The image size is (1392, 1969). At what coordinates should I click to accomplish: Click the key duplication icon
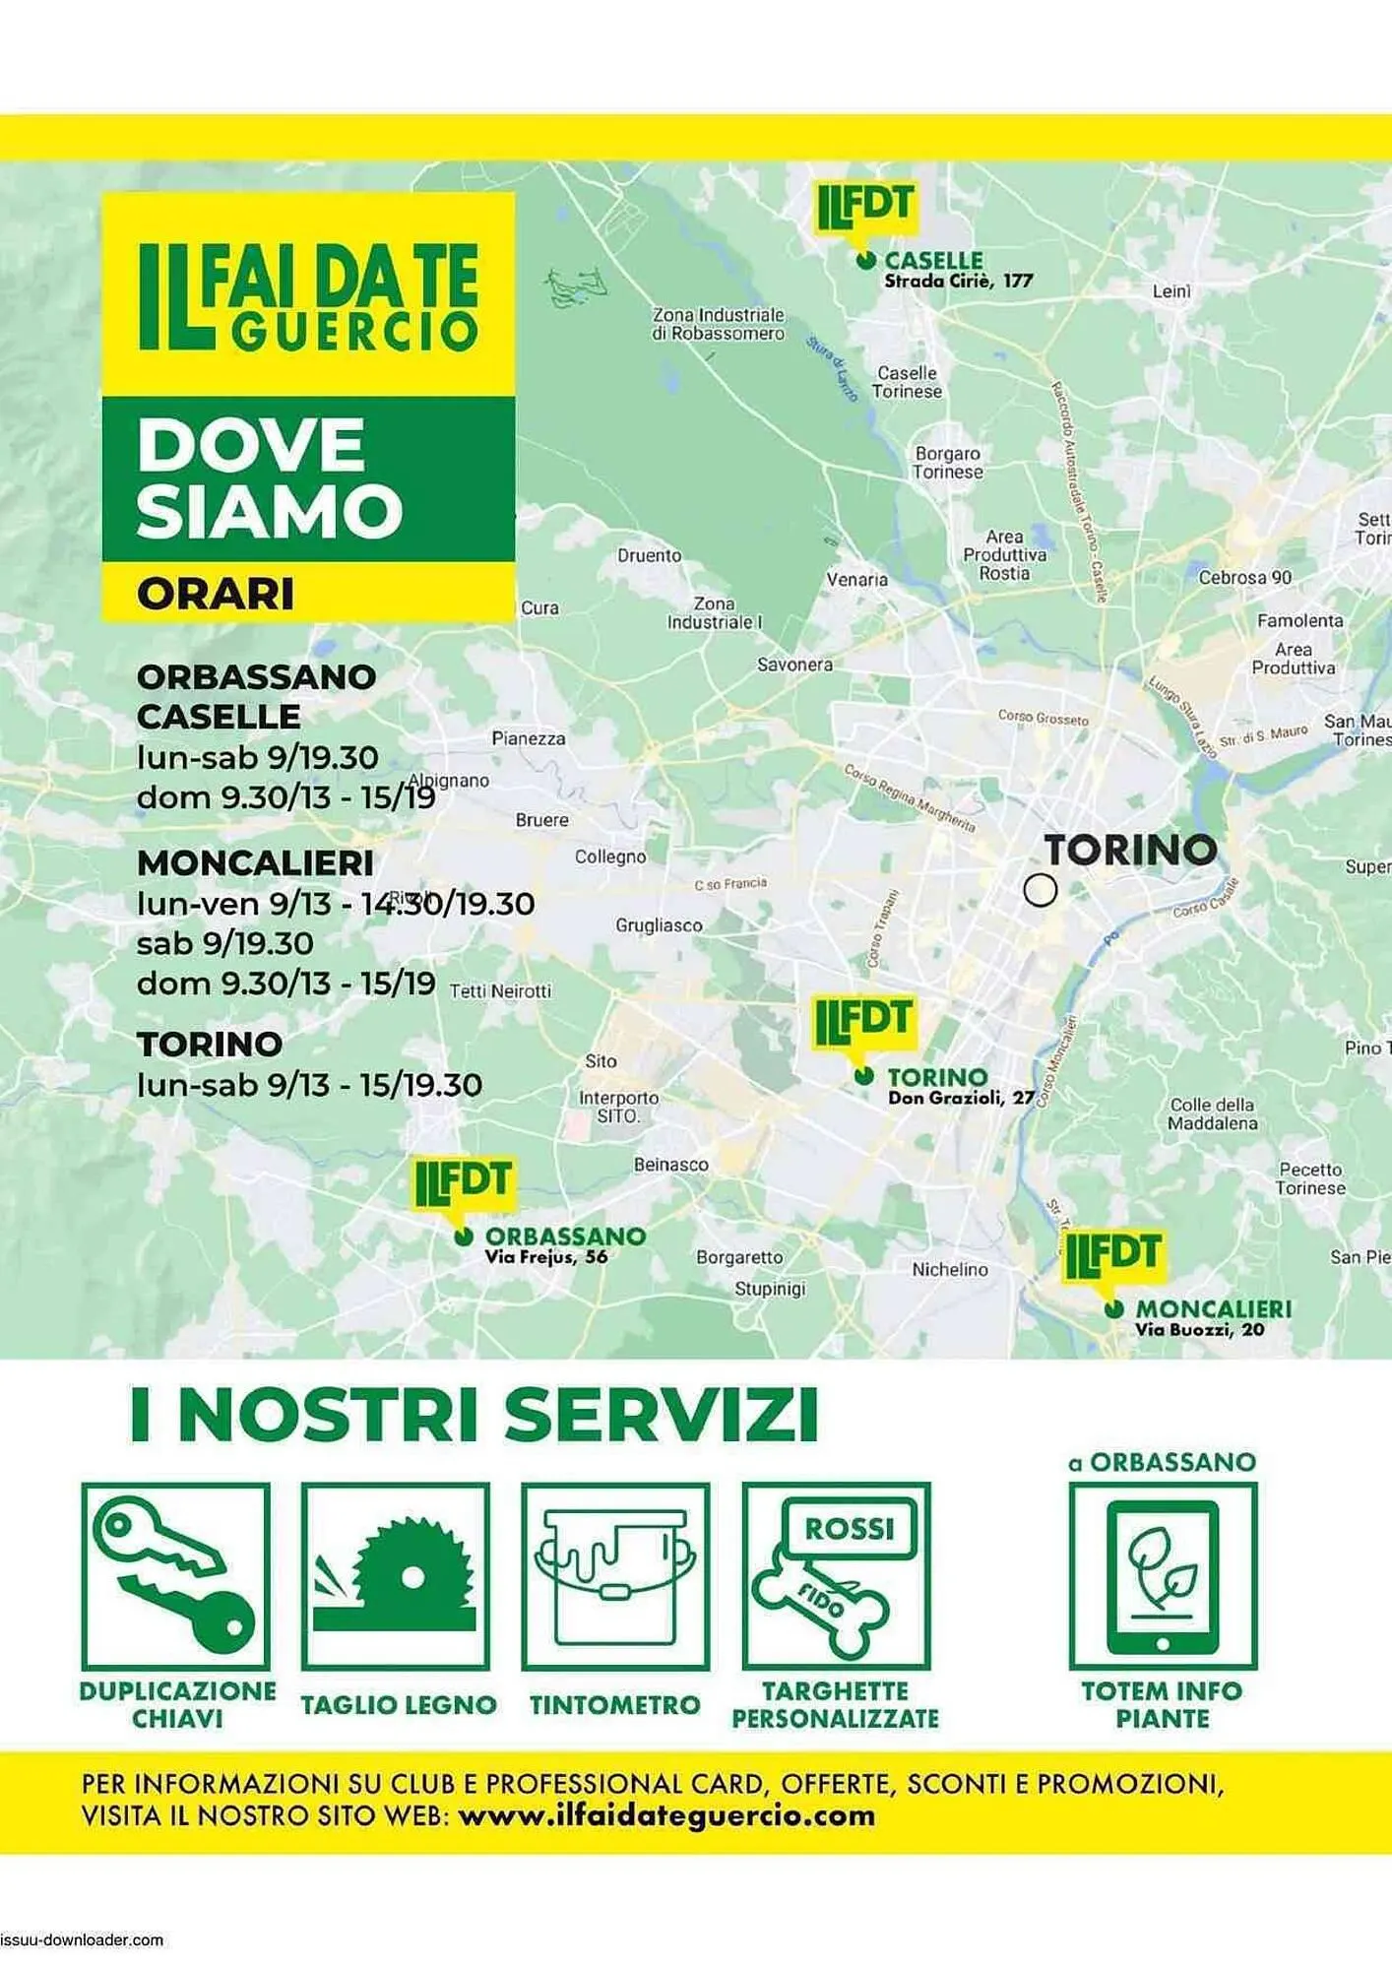point(176,1575)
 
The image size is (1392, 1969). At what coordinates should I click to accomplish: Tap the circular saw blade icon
point(396,1575)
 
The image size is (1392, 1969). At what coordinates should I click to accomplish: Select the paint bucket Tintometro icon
point(615,1575)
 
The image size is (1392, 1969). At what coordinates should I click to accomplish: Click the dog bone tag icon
point(836,1575)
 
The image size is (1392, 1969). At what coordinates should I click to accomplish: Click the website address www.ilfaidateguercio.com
point(666,1815)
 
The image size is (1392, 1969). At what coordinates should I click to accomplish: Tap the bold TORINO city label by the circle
point(1130,850)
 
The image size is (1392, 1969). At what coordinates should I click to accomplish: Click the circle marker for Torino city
point(1040,890)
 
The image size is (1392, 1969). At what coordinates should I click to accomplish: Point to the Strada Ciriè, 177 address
point(958,282)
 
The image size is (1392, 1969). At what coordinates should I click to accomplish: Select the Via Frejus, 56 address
point(545,1257)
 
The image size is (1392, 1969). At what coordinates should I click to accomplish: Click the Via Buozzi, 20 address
point(1199,1330)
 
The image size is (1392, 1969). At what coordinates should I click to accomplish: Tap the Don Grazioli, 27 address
point(961,1099)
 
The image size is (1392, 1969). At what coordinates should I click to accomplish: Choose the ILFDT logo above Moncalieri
point(1112,1254)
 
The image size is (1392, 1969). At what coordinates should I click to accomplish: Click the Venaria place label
point(856,580)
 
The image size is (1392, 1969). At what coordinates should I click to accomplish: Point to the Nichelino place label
point(949,1270)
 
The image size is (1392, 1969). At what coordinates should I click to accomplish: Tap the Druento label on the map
point(649,556)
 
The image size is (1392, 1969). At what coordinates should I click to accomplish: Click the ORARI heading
point(216,594)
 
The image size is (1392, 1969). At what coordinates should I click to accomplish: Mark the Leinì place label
point(1171,291)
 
